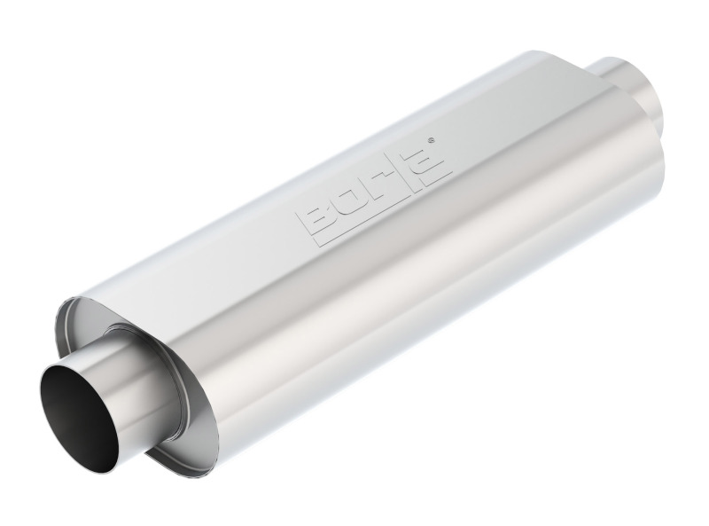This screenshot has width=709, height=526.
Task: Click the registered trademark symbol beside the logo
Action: [x=431, y=140]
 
